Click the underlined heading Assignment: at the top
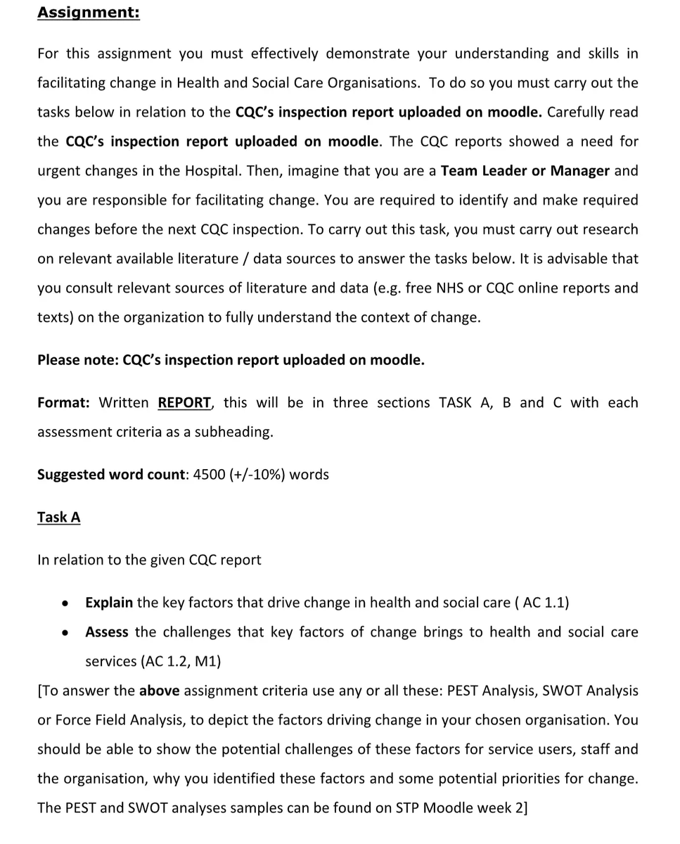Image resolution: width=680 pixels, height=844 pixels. (88, 13)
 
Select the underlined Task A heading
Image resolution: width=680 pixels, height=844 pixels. (59, 517)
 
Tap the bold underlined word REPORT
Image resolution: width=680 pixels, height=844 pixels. (184, 403)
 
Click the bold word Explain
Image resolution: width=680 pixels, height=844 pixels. (109, 603)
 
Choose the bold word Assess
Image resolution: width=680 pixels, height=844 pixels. (107, 632)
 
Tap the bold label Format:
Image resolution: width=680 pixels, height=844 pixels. (63, 403)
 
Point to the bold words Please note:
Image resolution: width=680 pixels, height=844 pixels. (78, 360)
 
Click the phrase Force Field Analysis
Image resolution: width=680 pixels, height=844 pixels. (105, 720)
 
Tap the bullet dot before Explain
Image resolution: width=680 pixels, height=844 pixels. (65, 603)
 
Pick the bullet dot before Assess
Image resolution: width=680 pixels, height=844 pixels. (65, 633)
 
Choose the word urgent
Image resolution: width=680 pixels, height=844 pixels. (59, 171)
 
